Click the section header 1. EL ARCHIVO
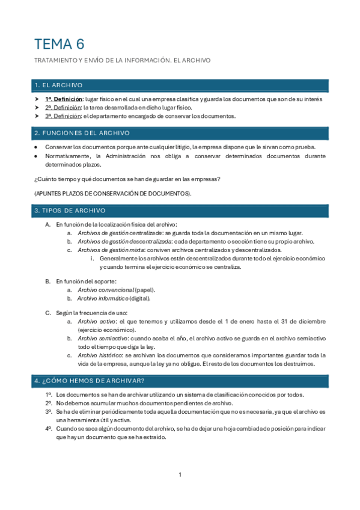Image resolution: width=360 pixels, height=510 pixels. click(x=58, y=85)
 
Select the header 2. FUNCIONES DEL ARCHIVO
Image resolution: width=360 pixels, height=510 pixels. click(x=81, y=133)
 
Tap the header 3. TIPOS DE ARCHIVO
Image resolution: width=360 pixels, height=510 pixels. click(x=70, y=210)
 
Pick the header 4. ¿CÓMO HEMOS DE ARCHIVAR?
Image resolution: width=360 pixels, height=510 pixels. click(x=89, y=381)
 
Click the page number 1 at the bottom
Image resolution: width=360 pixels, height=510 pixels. click(x=180, y=476)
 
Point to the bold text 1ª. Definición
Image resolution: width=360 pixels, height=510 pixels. click(x=63, y=99)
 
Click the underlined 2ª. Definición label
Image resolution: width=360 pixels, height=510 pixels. click(x=63, y=107)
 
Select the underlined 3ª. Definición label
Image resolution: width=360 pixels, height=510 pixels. click(x=63, y=116)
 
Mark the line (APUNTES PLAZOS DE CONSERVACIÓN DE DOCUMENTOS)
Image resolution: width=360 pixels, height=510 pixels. click(x=113, y=193)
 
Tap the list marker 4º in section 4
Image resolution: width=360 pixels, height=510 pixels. click(x=48, y=429)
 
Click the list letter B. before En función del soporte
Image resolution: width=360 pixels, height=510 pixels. click(x=48, y=281)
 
